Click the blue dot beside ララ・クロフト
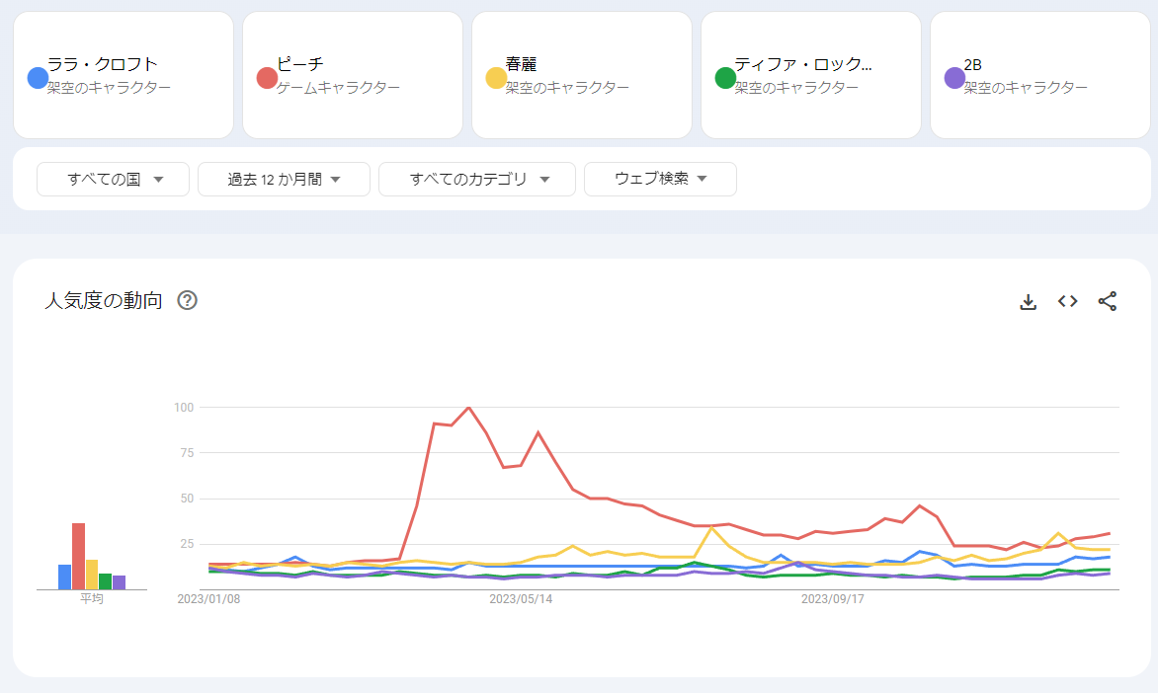click(x=39, y=78)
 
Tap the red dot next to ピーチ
click(x=267, y=78)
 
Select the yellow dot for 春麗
click(x=496, y=78)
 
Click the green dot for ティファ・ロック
click(x=725, y=78)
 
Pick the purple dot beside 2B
click(x=954, y=78)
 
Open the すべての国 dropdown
click(x=113, y=180)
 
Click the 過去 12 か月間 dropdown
click(x=284, y=180)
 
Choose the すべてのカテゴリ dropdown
click(x=477, y=180)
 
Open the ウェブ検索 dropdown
click(x=660, y=180)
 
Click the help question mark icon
click(x=187, y=301)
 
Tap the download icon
click(x=1028, y=302)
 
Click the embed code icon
click(x=1067, y=301)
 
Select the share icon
click(x=1108, y=301)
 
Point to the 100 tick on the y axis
click(x=183, y=407)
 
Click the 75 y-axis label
click(x=186, y=453)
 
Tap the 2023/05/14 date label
click(x=521, y=599)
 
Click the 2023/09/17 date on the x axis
click(x=832, y=599)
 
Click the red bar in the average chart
click(x=78, y=556)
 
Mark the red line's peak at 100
click(x=468, y=407)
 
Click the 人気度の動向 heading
click(x=104, y=301)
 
